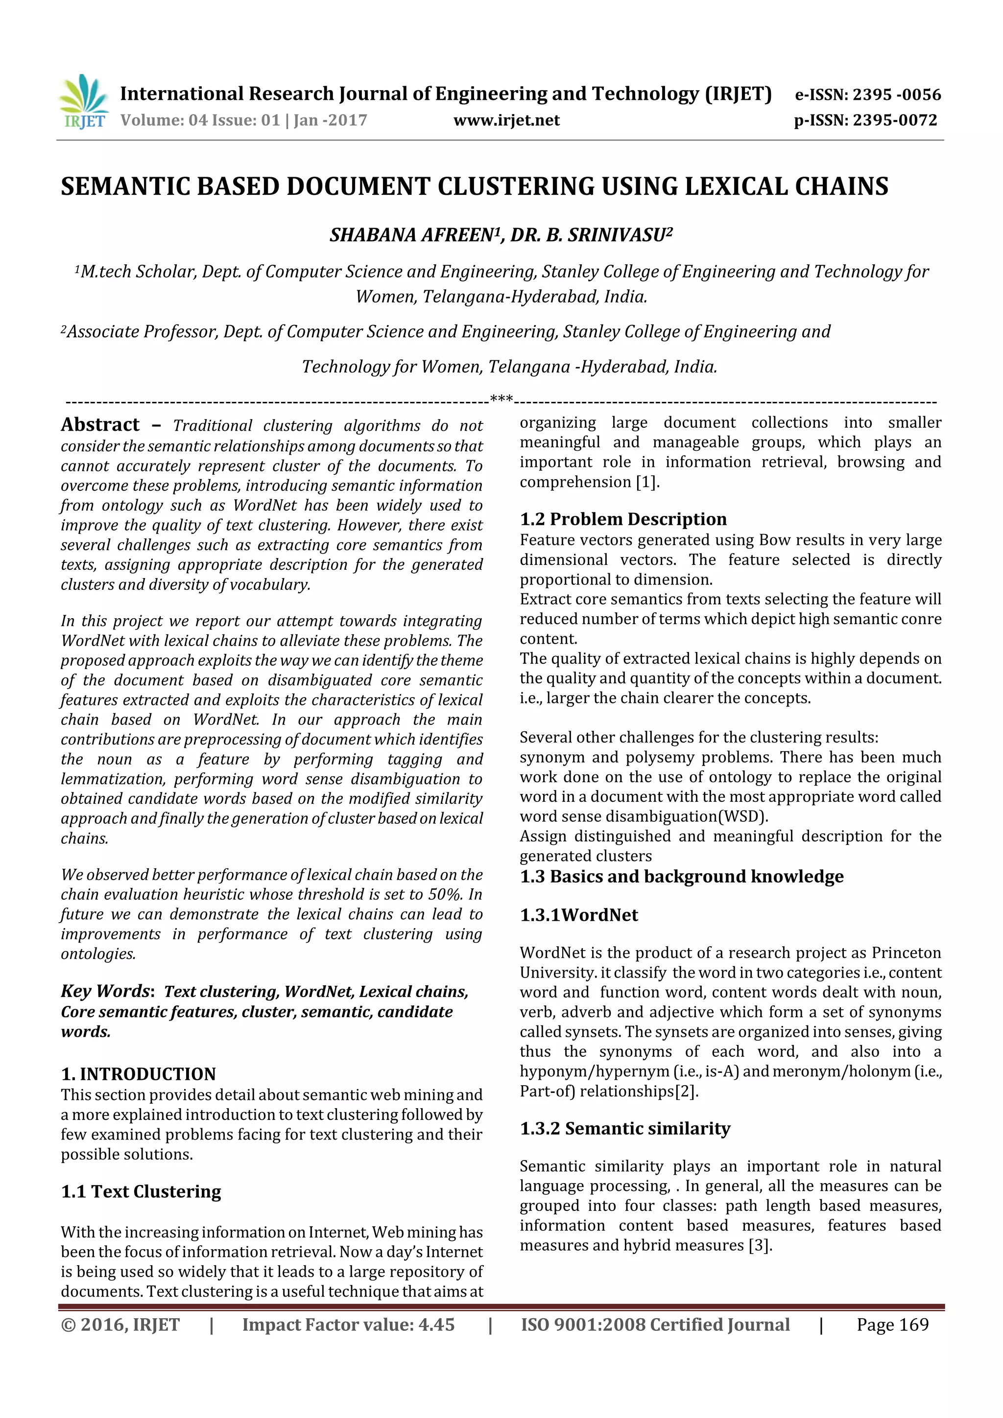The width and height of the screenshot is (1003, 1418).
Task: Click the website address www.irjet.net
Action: coord(506,120)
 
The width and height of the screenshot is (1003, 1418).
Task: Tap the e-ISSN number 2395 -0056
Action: coord(896,94)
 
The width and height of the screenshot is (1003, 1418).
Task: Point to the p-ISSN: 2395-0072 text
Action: coord(865,120)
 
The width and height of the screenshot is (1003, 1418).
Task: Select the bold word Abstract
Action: coord(100,425)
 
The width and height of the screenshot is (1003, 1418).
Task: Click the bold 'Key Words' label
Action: coord(105,991)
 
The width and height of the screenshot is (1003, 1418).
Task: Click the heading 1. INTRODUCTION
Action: coord(139,1074)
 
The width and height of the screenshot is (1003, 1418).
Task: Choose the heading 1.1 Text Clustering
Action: coord(141,1191)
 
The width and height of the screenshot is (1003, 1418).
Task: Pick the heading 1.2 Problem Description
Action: coord(623,519)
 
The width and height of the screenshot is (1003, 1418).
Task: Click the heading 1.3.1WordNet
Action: coord(578,915)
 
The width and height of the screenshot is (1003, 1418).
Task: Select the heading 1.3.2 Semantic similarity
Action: coord(625,1128)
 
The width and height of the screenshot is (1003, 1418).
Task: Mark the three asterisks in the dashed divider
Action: coord(501,398)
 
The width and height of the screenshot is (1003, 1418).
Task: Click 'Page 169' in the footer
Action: coord(892,1325)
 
